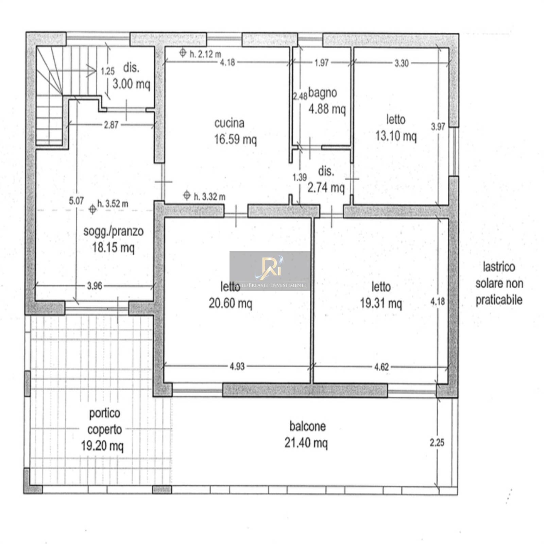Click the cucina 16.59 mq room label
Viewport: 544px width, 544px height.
tap(235, 131)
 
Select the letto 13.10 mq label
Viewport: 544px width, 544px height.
tap(396, 128)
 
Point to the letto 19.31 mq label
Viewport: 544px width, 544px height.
tap(381, 295)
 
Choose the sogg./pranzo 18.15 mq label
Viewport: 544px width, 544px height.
tap(113, 239)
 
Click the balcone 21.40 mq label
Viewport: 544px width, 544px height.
tap(307, 435)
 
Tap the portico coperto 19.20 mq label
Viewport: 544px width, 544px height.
tap(103, 429)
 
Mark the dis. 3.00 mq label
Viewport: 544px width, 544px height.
tap(131, 75)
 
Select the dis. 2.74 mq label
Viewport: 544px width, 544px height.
tap(326, 179)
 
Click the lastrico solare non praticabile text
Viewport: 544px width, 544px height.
tap(499, 284)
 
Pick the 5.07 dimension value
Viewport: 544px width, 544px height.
tap(76, 201)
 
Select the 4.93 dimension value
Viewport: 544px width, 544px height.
tap(237, 367)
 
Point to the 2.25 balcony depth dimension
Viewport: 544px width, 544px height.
tap(437, 443)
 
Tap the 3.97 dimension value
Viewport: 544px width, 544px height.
tap(438, 127)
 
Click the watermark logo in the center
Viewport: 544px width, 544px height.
tap(270, 271)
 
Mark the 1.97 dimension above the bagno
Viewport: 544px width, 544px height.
tap(322, 63)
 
